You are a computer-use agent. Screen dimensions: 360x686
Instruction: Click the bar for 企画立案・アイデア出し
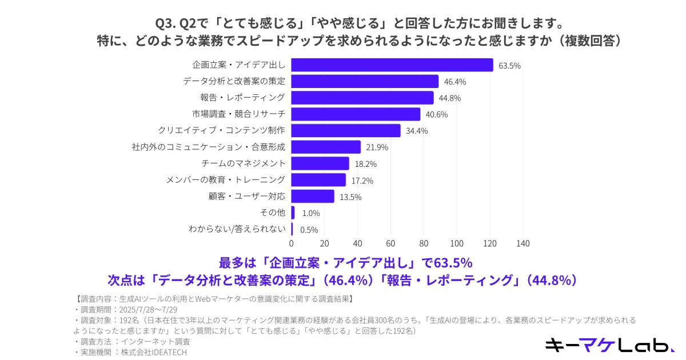coord(392,65)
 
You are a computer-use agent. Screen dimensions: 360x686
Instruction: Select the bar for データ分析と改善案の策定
coord(365,81)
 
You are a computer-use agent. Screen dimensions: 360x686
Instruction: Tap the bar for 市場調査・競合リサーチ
coord(356,114)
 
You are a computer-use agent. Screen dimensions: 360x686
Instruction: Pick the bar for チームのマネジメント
coord(320,163)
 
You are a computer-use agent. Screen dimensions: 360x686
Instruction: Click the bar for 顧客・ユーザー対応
coord(313,197)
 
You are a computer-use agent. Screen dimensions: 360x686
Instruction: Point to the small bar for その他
coord(293,213)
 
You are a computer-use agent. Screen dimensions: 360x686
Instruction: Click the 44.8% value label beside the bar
coord(450,98)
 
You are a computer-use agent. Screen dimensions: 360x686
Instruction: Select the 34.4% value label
coord(417,131)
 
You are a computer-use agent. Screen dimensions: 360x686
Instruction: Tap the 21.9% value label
coord(377,147)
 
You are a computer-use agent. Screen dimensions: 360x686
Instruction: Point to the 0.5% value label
coord(309,230)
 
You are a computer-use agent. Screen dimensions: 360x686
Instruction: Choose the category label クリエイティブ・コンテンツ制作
coord(221,130)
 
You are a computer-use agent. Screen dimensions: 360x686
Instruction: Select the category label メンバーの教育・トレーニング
coord(225,180)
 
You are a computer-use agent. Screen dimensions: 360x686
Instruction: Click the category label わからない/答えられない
coord(237,229)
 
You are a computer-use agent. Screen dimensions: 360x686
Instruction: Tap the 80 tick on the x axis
coord(424,243)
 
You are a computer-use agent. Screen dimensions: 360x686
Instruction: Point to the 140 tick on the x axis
coord(523,243)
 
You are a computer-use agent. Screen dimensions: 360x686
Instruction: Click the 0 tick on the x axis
coord(292,243)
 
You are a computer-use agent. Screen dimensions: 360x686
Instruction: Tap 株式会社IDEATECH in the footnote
coord(152,352)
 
